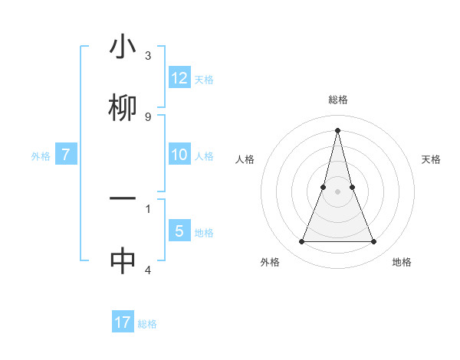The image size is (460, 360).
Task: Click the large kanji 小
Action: [x=123, y=47]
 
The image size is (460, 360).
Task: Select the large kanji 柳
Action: [x=123, y=107]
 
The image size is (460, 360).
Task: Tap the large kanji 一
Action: [x=123, y=198]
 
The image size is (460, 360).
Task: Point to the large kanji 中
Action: [x=123, y=260]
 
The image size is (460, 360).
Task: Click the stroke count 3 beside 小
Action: [x=148, y=56]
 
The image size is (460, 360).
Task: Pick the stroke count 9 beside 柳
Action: [x=148, y=116]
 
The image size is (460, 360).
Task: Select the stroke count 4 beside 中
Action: [x=148, y=270]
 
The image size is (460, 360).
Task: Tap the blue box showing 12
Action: [x=179, y=78]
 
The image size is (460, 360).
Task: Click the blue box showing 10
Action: [x=179, y=155]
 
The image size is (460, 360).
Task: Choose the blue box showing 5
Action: [x=179, y=231]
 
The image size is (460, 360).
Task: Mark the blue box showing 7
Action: [x=66, y=155]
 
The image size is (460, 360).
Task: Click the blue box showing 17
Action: [x=123, y=322]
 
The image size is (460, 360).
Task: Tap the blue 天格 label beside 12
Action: [x=204, y=80]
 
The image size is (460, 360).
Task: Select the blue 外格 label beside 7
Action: [x=41, y=156]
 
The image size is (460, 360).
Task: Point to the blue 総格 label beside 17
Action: [x=147, y=324]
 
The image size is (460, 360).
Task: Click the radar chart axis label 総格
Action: [x=337, y=100]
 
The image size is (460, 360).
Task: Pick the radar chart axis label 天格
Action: [x=432, y=159]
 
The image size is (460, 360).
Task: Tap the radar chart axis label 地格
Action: [x=402, y=262]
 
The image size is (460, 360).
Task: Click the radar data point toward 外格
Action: [x=301, y=242]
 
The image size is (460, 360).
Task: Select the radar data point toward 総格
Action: [x=337, y=130]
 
